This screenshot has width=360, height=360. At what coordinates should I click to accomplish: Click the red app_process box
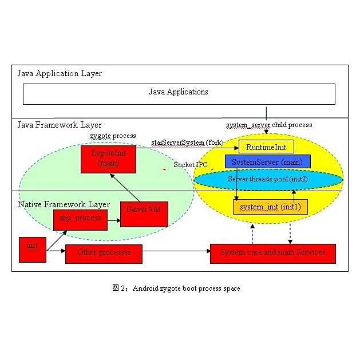pyautogui.click(x=80, y=219)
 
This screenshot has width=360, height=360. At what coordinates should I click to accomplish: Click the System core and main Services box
pyautogui.click(x=273, y=253)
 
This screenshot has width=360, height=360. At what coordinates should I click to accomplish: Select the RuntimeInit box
pyautogui.click(x=266, y=147)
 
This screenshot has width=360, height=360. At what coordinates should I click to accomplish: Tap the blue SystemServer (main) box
pyautogui.click(x=268, y=162)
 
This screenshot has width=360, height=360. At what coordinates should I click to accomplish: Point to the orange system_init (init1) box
pyautogui.click(x=270, y=206)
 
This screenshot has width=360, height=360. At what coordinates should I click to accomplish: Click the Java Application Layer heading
pyautogui.click(x=60, y=73)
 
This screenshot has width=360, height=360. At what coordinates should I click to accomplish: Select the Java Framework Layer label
pyautogui.click(x=60, y=125)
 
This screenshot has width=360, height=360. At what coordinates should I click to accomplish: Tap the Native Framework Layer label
pyautogui.click(x=63, y=204)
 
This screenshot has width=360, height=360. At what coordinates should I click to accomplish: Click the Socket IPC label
pyautogui.click(x=191, y=165)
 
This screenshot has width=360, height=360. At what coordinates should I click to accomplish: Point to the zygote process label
pyautogui.click(x=113, y=136)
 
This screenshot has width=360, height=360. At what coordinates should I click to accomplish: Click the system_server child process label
pyautogui.click(x=269, y=125)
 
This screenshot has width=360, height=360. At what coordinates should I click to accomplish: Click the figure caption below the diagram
pyautogui.click(x=176, y=288)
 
